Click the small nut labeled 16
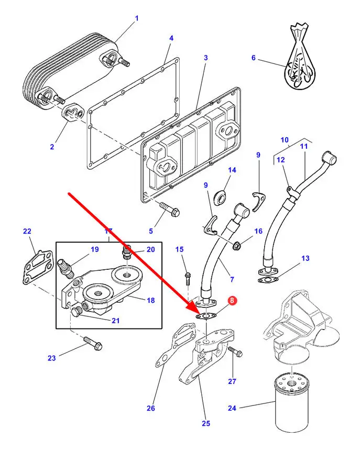point(236,244)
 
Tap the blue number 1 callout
point(137,19)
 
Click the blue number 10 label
point(285,140)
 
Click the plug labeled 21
point(76,313)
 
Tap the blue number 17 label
point(108,231)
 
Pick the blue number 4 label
point(171,38)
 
